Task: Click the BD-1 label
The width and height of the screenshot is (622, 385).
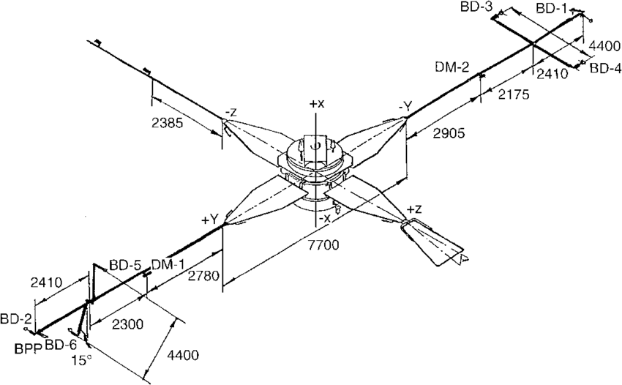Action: click(551, 8)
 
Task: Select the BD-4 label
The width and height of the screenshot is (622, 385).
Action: click(605, 68)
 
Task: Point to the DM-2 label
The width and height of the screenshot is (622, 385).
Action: click(451, 67)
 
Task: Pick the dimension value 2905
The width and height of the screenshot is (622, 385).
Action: click(447, 133)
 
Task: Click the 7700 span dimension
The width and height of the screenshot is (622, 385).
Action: click(323, 245)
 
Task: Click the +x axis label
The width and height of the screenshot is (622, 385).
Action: click(316, 104)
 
